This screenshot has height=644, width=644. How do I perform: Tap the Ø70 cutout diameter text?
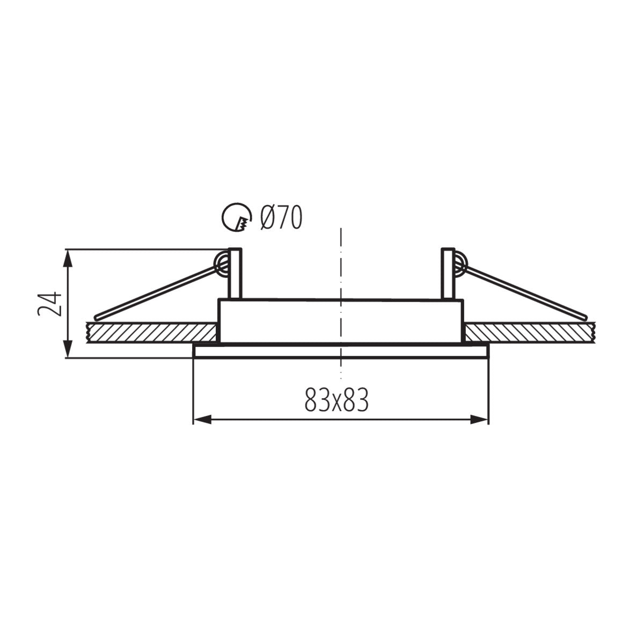click(281, 218)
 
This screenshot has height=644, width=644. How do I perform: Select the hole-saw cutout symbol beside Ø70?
click(236, 218)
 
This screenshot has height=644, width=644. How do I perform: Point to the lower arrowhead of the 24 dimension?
click(68, 352)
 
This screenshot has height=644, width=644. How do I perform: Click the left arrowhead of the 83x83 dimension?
click(200, 420)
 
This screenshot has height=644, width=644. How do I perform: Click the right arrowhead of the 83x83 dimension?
click(482, 420)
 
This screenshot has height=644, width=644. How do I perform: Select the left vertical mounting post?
click(235, 274)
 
